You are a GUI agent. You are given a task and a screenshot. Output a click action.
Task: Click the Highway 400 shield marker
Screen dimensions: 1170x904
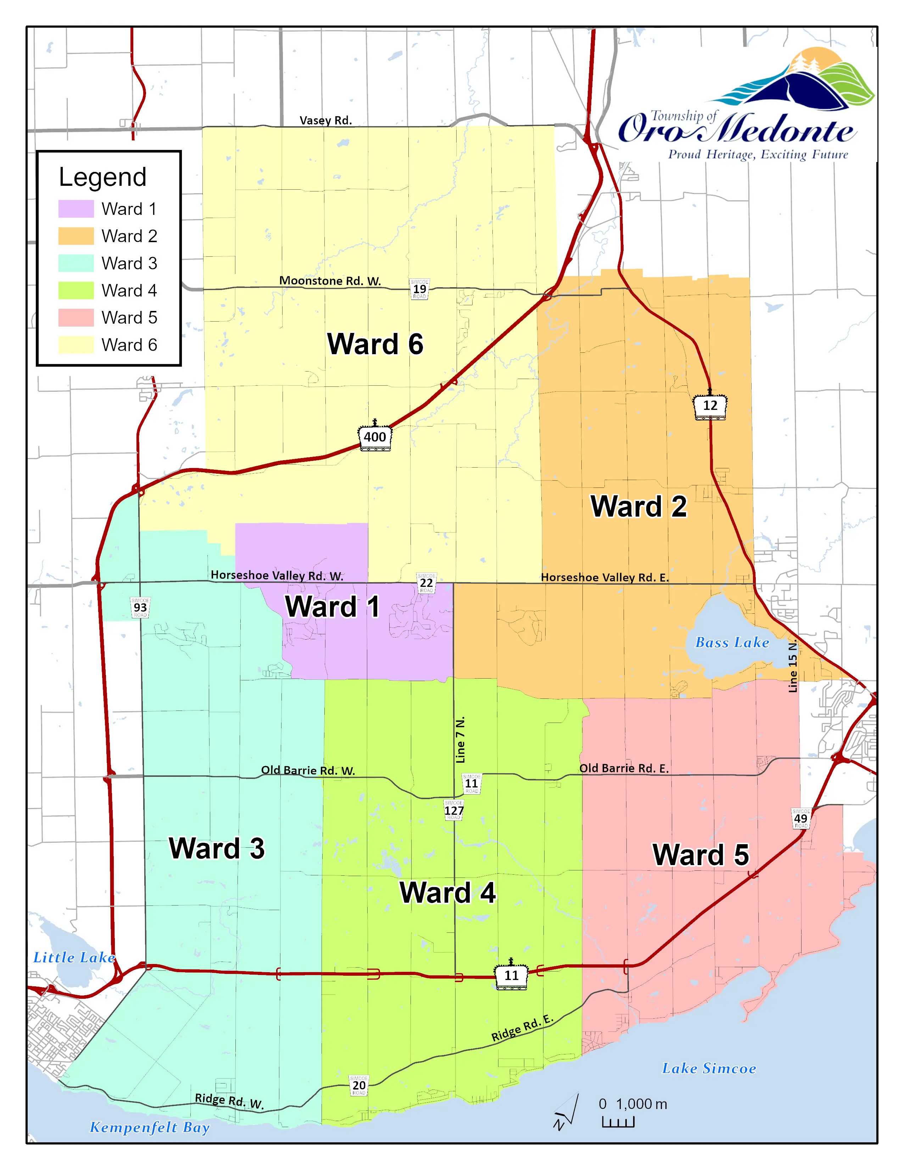point(374,436)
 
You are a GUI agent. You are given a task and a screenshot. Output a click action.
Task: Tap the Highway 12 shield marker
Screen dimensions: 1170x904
point(710,406)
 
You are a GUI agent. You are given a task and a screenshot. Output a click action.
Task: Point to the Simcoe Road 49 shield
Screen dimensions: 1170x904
point(800,818)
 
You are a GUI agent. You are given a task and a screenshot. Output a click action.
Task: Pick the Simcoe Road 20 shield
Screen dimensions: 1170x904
point(358,1085)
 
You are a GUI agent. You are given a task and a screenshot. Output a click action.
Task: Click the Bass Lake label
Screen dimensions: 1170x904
point(732,642)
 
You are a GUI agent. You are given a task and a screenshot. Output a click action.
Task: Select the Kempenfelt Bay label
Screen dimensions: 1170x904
point(149,1127)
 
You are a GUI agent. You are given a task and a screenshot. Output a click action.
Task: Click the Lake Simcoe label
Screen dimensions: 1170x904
point(709,1068)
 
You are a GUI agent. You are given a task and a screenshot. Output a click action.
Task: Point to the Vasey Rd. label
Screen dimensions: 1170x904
point(325,121)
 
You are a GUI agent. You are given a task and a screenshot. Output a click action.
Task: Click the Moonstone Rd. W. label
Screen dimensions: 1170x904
point(330,281)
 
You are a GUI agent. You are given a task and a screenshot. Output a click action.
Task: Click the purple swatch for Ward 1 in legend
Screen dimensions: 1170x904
point(76,208)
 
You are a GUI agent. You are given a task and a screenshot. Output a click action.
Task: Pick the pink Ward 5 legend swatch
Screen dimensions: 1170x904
point(76,317)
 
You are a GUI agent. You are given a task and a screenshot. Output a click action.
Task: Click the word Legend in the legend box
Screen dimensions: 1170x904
point(102,177)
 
